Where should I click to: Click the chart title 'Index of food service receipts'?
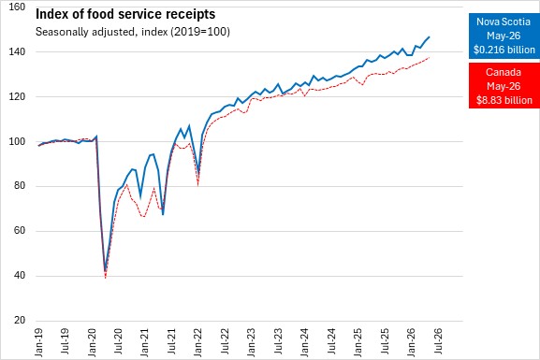pos(125,14)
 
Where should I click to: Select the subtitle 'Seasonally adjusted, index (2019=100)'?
pos(133,32)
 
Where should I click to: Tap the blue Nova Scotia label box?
pos(504,36)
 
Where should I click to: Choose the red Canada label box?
pos(504,86)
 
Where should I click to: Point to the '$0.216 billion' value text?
pos(504,50)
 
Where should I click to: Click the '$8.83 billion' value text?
pos(504,100)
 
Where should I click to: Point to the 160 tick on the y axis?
pos(17,7)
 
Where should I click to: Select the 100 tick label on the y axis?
pos(17,141)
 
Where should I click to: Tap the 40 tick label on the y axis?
pos(20,276)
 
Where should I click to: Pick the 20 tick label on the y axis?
pos(20,321)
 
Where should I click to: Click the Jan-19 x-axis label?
pos(39,342)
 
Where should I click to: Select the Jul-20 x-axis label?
pos(119,341)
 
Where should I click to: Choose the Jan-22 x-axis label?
pos(198,342)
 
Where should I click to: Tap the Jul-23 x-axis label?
pos(279,341)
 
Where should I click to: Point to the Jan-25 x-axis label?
pos(358,342)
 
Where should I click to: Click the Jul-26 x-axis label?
pos(438,341)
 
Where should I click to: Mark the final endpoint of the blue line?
pos(430,36)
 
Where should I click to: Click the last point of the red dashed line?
pos(430,57)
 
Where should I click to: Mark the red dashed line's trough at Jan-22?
pos(198,185)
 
